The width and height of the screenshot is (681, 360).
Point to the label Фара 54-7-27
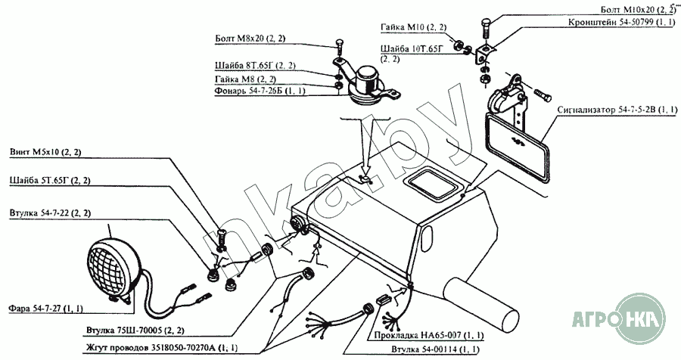point(45,309)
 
